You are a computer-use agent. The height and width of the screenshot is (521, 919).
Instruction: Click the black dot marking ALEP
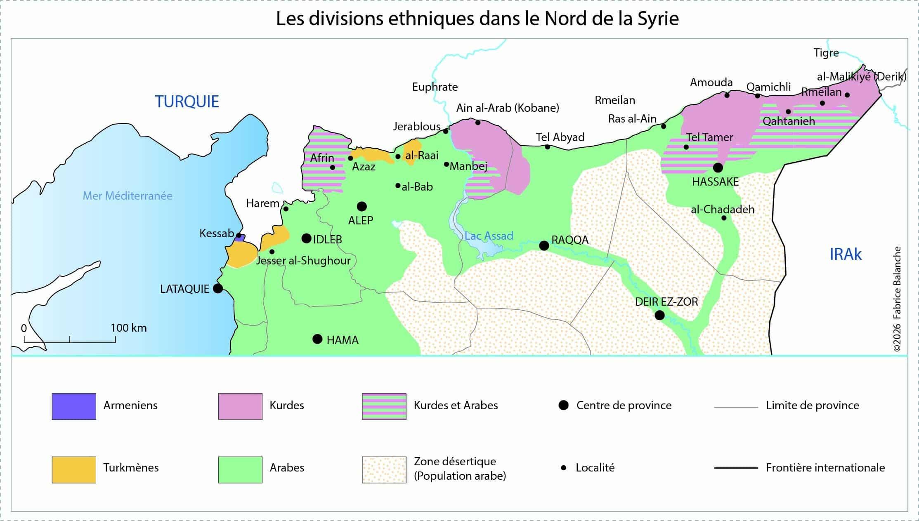coord(361,206)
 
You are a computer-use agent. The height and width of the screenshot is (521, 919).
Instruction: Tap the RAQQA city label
coord(569,240)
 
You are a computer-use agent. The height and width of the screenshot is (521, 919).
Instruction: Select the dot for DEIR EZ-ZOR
coord(659,316)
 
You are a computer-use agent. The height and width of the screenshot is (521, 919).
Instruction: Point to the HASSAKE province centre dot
coord(718,167)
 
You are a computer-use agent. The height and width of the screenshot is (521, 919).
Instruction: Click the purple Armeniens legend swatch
coord(74,406)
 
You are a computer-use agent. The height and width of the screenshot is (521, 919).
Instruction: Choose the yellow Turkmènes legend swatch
coord(74,469)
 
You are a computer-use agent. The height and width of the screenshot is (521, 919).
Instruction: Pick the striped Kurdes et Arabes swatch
coord(384,406)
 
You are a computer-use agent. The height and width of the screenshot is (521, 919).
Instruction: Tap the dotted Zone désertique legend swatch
coord(384,469)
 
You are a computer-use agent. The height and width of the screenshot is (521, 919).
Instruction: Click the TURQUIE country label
coord(187,101)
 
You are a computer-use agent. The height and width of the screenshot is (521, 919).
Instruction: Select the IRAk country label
coord(845,255)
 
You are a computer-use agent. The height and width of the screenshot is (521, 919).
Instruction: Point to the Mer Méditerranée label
coord(128,196)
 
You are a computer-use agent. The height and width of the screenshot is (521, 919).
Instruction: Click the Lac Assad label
coord(489,236)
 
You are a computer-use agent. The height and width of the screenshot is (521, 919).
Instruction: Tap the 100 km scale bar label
coord(128,328)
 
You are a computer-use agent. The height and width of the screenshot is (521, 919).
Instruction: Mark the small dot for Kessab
coord(239,235)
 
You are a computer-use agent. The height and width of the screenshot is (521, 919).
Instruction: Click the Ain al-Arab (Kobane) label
coord(507,108)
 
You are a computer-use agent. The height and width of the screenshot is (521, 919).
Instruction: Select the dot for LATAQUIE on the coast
coord(218,288)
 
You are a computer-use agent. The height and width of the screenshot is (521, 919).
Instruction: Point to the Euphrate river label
coord(435,87)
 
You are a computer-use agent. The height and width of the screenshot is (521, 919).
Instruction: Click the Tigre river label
coord(826,53)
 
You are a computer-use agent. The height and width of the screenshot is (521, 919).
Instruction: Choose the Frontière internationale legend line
coord(736,468)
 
